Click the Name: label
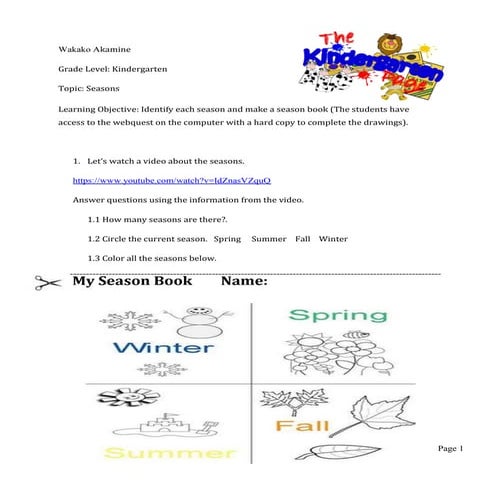pos(243,282)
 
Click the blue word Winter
pos(164,348)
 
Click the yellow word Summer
pos(158,454)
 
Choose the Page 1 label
pos(453,450)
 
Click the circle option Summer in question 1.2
pos(269,240)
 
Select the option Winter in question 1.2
pos(333,240)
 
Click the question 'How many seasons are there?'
pos(160,220)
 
